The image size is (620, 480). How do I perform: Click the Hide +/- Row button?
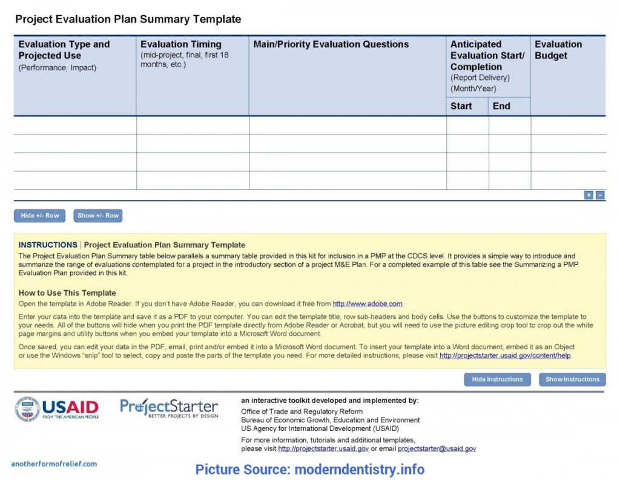coord(39,215)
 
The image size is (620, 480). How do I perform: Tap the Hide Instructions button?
coord(497,379)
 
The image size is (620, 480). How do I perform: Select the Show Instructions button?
coord(572,379)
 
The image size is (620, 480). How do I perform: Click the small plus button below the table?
coord(589,195)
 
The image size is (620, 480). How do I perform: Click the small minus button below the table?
coord(600,195)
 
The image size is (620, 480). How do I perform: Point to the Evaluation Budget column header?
coord(558,50)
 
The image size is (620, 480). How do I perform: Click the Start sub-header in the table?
coord(461,106)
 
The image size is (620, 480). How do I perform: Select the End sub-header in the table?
coord(501,106)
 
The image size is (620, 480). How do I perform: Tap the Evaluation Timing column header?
coord(180,44)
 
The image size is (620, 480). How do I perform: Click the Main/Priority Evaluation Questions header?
coord(331,44)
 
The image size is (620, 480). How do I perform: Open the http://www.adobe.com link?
coord(368,304)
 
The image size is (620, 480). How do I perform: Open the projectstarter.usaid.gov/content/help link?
coord(505,356)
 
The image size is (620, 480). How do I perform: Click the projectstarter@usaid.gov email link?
coord(437,449)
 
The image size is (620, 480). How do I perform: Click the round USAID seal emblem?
coord(27,409)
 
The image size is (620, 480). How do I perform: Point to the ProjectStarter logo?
coord(169,408)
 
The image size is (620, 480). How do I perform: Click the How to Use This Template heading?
coord(67,293)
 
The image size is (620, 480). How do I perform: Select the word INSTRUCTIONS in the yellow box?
coord(48,245)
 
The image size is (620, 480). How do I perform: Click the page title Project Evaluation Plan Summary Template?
coord(128,19)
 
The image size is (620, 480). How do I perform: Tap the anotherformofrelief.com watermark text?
coord(54,464)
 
